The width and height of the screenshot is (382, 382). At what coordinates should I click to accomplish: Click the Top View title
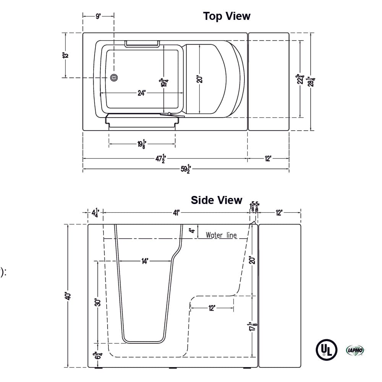click(227, 16)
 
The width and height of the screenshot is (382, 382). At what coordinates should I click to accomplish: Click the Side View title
click(216, 200)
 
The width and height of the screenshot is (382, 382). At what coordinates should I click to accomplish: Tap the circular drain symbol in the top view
click(114, 78)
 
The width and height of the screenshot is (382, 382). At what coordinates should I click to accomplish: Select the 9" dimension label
click(98, 16)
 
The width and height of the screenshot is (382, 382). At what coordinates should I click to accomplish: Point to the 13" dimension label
click(66, 55)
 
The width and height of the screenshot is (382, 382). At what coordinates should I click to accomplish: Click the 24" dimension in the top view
click(141, 93)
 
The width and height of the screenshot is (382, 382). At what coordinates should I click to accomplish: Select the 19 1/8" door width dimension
click(142, 144)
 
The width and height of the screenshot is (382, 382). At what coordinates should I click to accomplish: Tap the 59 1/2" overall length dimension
click(186, 170)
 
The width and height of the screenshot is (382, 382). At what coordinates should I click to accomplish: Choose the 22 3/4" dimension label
click(301, 79)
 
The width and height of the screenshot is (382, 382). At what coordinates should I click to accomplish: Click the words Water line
click(221, 235)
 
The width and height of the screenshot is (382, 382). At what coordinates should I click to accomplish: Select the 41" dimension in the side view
click(176, 212)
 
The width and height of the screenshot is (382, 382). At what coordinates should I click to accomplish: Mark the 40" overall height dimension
click(68, 296)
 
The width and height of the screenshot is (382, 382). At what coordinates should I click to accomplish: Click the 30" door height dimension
click(98, 302)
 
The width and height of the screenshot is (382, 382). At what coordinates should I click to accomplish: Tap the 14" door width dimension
click(144, 261)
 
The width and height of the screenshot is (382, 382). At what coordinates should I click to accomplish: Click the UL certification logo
click(326, 350)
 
